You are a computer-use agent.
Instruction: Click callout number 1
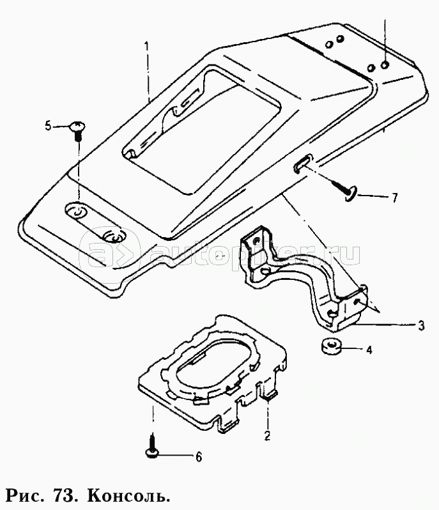tap(147, 47)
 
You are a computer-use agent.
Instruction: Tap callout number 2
tap(268, 437)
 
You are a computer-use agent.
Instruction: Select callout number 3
tap(421, 327)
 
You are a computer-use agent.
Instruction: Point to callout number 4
tap(368, 350)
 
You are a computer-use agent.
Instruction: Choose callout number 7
tap(394, 197)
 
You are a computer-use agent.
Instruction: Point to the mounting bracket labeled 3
tap(300, 275)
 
